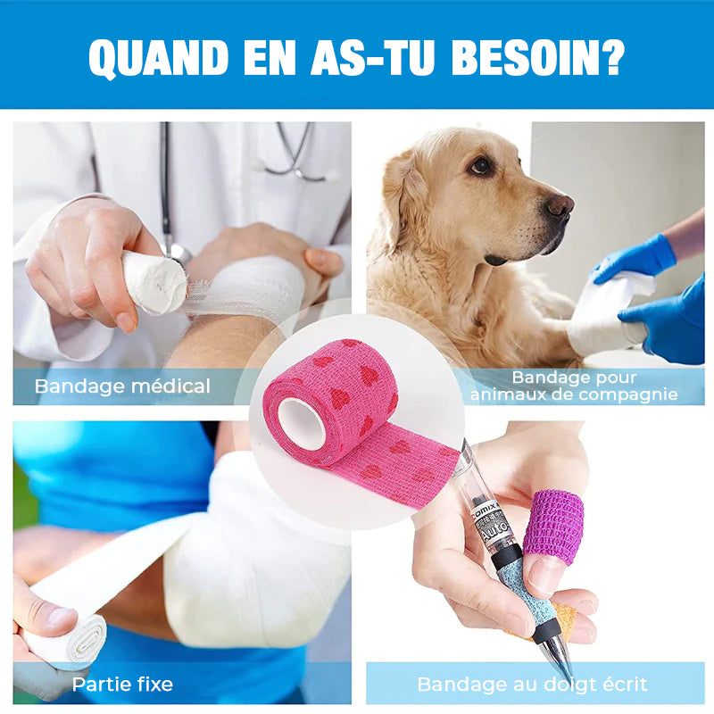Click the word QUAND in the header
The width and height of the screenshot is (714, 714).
point(158,58)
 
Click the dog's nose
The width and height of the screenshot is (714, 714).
point(560,205)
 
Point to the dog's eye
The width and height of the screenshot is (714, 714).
point(481,166)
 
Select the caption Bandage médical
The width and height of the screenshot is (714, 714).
point(122,386)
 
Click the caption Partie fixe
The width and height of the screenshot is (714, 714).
point(122,685)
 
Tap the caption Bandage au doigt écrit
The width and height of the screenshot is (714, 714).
point(532,685)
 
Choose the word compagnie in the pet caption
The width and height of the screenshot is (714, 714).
point(631,394)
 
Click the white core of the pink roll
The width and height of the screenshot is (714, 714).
point(301,424)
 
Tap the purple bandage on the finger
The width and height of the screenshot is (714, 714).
point(553,526)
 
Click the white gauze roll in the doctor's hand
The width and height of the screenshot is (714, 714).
point(154,282)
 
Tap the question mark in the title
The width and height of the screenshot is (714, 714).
point(611,57)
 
